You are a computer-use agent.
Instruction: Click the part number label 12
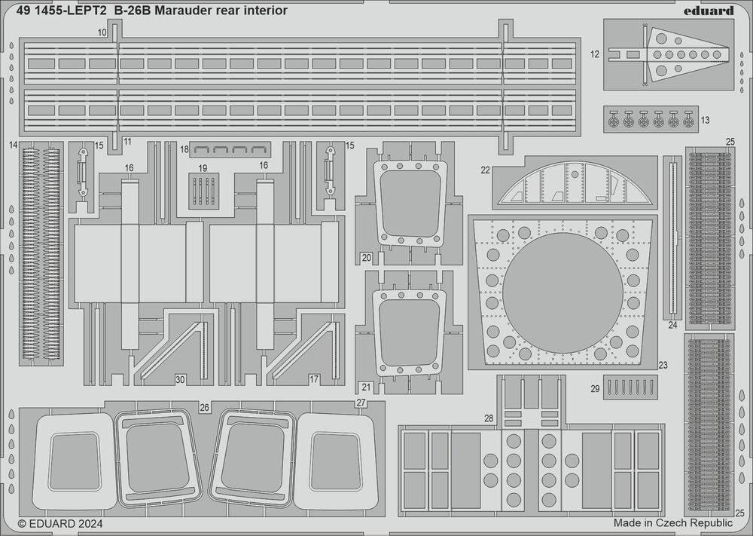coord(595,54)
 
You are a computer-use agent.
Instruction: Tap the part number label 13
coord(705,120)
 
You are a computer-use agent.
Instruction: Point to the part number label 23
coord(663,365)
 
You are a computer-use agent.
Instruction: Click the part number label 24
coord(672,326)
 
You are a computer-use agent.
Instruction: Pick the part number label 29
coord(595,388)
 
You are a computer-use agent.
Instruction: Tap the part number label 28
coord(489,418)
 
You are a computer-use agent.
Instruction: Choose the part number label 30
coord(179,378)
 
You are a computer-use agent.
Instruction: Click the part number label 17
coord(314,378)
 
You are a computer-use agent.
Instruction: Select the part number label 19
coord(203,167)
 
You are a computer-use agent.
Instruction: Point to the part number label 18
coord(184,150)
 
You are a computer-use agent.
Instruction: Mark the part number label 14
coord(14,145)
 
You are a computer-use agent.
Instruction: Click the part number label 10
coord(102,33)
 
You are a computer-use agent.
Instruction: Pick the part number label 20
coord(366,258)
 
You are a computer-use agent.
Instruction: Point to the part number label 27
coord(361,403)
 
